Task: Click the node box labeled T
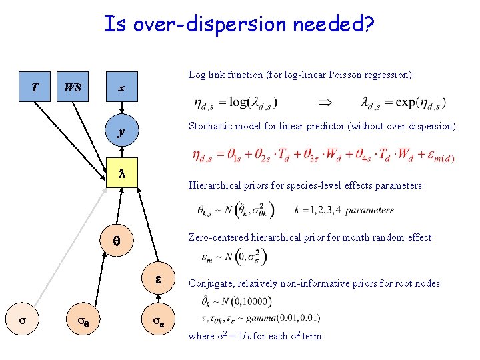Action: [35, 88]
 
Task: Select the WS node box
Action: [73, 88]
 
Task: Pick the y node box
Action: [121, 133]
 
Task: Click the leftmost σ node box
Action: [21, 320]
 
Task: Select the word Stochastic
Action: [210, 126]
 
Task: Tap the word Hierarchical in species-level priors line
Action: [215, 186]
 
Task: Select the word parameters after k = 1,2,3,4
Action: [370, 210]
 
